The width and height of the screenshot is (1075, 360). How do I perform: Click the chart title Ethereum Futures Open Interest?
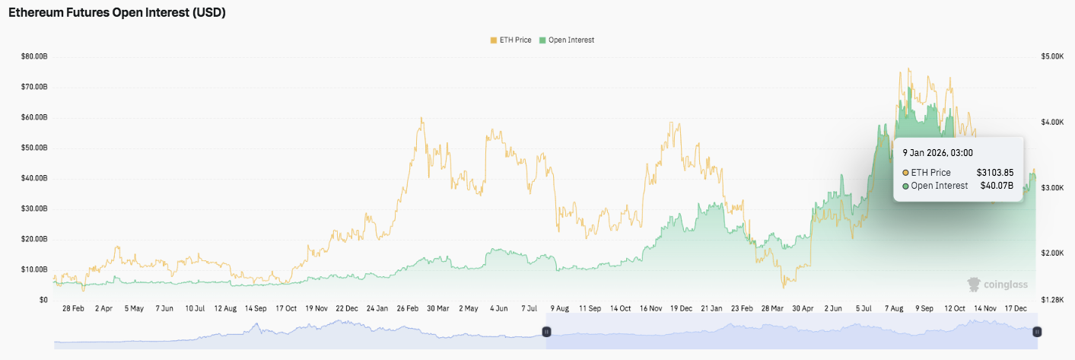(x=116, y=13)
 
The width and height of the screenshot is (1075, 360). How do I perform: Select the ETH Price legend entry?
(x=510, y=40)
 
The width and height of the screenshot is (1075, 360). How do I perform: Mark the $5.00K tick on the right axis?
(x=1051, y=56)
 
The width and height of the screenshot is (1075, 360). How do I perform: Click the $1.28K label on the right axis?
(x=1051, y=300)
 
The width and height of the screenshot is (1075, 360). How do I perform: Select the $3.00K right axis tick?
(x=1051, y=187)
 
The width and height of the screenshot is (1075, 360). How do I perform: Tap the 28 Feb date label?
(x=72, y=309)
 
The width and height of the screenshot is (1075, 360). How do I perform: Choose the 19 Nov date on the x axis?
(x=316, y=309)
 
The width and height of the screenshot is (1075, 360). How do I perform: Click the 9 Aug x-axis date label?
(x=558, y=309)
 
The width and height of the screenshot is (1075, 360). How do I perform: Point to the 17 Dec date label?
(x=1016, y=309)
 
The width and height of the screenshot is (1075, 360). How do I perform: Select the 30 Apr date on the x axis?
(x=803, y=309)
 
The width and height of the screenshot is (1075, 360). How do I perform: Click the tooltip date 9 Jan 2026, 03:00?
(x=937, y=153)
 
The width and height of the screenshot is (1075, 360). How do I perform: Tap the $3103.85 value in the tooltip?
(x=995, y=173)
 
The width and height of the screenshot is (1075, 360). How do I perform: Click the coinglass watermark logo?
(x=997, y=285)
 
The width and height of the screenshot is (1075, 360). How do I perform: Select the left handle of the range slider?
(x=546, y=332)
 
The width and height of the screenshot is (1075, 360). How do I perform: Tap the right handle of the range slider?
(x=1037, y=332)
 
